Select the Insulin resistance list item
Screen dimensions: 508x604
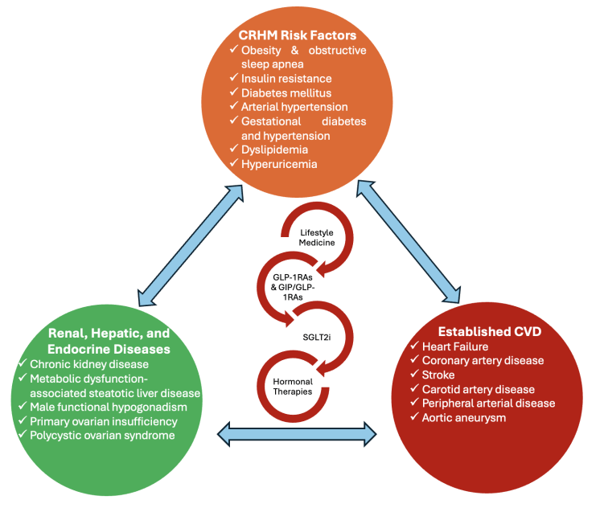pyautogui.click(x=286, y=78)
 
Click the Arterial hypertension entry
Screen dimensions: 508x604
pyautogui.click(x=294, y=106)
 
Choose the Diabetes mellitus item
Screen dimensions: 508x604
pyautogui.click(x=286, y=92)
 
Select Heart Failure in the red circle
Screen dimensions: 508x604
pyautogui.click(x=460, y=346)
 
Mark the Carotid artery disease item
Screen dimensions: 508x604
pyautogui.click(x=482, y=389)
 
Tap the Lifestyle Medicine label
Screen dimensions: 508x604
pyautogui.click(x=310, y=237)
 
